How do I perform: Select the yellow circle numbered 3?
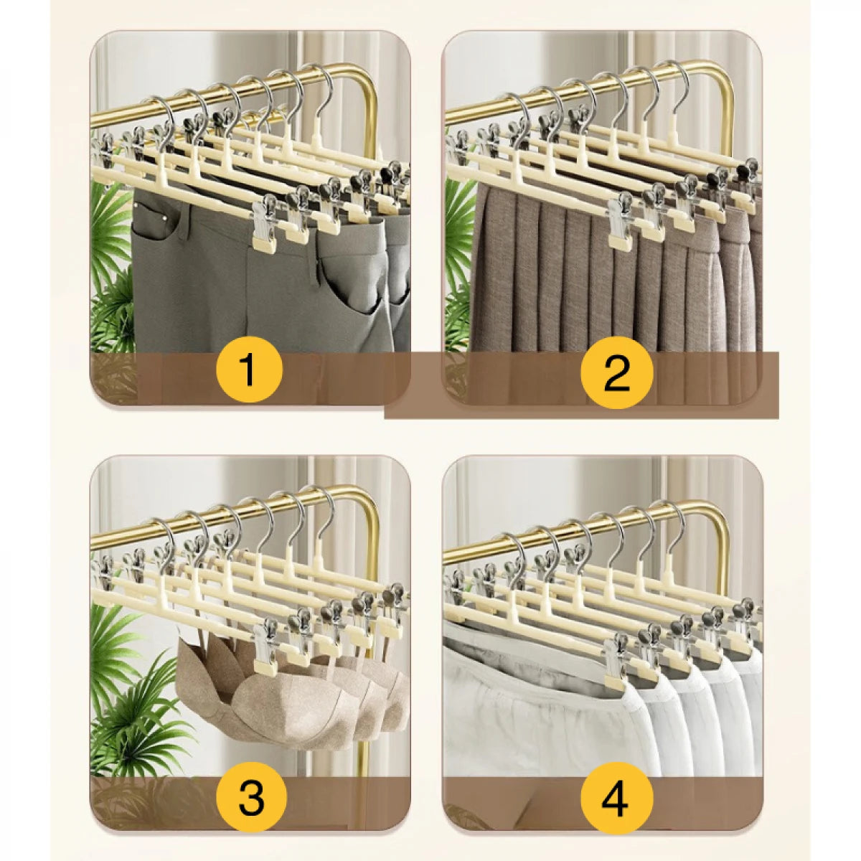coord(251,797)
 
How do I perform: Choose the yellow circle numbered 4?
coord(616,797)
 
